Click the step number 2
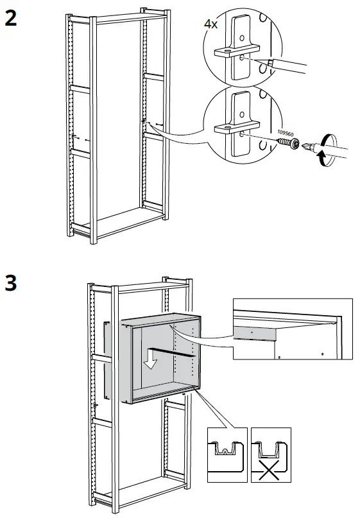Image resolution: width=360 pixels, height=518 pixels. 11,19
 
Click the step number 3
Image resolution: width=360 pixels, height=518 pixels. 11,282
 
